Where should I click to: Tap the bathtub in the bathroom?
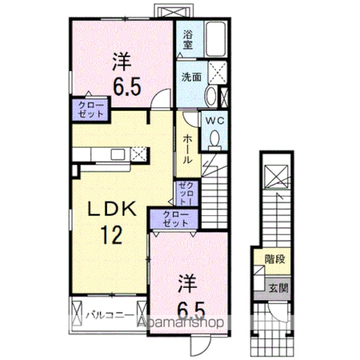[x=215, y=39]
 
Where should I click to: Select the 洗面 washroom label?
[x=191, y=78]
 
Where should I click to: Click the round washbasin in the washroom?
[x=211, y=97]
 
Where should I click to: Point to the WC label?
[x=215, y=121]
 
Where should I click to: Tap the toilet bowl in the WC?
[x=215, y=139]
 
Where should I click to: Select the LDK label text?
[x=112, y=209]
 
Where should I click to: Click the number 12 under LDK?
[x=112, y=235]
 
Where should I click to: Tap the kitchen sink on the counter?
[x=118, y=154]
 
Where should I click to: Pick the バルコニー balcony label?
[x=110, y=315]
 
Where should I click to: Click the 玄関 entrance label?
[x=278, y=287]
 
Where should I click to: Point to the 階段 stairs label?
[x=275, y=259]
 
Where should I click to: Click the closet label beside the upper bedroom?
[x=91, y=110]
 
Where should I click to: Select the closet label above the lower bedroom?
[x=175, y=219]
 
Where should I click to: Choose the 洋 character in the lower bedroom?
[x=188, y=283]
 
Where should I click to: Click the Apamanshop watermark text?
[x=180, y=322]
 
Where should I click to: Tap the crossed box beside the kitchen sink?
[x=138, y=154]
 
